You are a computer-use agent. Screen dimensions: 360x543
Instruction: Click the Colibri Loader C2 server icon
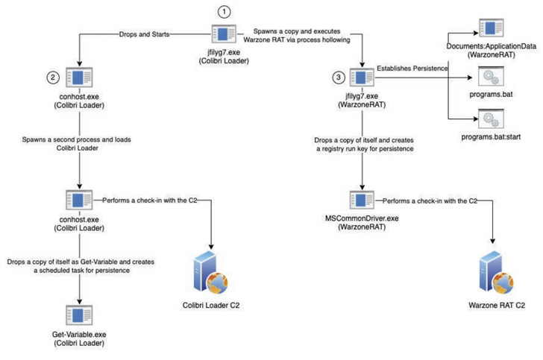tap(212, 274)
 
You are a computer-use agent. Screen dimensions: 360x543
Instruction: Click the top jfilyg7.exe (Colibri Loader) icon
tap(223, 34)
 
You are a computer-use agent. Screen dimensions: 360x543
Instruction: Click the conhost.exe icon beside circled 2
tap(78, 78)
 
